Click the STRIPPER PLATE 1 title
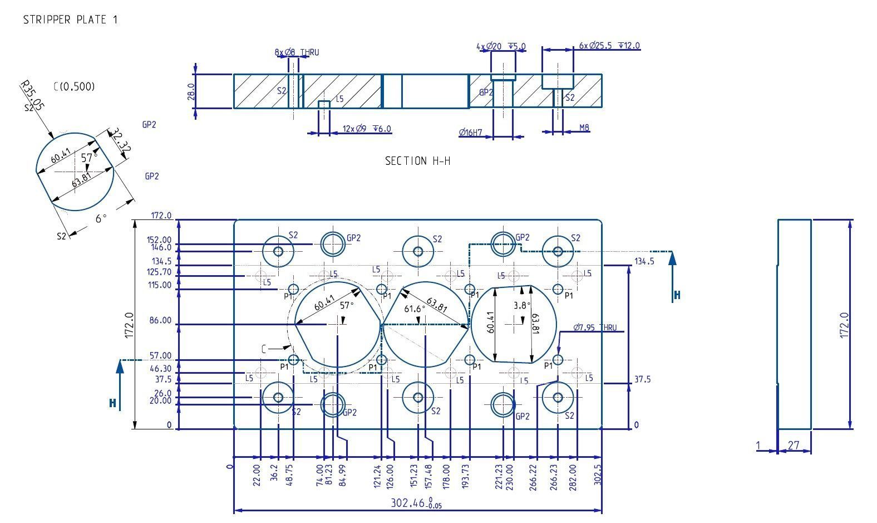click(x=70, y=19)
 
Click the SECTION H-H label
click(x=417, y=161)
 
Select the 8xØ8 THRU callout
click(x=297, y=52)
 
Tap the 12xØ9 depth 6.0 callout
click(x=367, y=129)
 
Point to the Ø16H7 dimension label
click(x=470, y=133)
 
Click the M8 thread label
click(x=584, y=128)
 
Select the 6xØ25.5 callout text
click(x=609, y=45)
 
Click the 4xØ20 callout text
click(x=501, y=46)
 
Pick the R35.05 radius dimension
click(x=31, y=94)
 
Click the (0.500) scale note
click(x=75, y=86)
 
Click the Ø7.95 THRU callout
click(x=595, y=328)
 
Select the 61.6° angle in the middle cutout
click(x=415, y=308)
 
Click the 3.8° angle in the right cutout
click(x=522, y=305)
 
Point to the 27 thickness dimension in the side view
click(x=794, y=445)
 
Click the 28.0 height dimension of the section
click(x=191, y=91)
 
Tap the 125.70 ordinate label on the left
click(x=159, y=272)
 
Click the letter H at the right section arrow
click(x=677, y=295)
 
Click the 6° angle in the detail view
click(x=101, y=218)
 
